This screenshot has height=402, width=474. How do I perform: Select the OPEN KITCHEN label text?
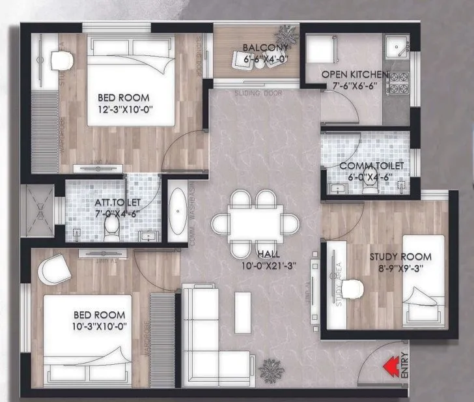coord(355,75)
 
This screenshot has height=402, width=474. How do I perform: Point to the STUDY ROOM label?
coord(397,256)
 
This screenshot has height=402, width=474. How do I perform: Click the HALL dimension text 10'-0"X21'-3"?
coord(268,266)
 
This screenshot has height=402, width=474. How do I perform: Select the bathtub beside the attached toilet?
coord(176,212)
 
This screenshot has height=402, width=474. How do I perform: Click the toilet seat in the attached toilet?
coord(111,227)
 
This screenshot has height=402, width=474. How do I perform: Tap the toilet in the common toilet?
coord(370,186)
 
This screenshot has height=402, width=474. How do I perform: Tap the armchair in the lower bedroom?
coord(53,268)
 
